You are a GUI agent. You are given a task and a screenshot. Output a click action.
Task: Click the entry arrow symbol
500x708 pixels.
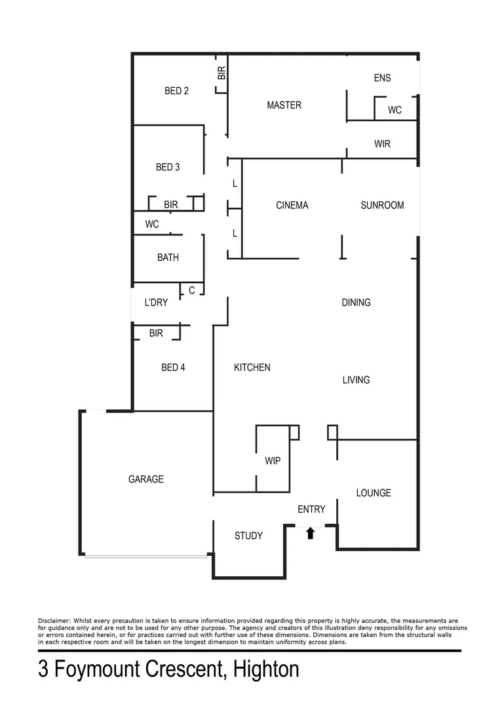tap(311, 533)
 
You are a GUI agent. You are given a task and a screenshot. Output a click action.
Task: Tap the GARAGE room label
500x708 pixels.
tap(145, 479)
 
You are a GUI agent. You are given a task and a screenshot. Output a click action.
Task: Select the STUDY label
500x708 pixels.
tap(248, 536)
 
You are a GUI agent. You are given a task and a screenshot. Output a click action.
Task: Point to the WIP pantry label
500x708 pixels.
tap(273, 461)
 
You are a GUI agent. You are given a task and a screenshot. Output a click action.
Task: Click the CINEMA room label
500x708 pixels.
tap(292, 205)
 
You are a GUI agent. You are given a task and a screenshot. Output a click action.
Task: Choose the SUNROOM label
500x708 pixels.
tap(382, 205)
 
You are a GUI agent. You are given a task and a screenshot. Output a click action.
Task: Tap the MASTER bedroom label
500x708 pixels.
tap(284, 105)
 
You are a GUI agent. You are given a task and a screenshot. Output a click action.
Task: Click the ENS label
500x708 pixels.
tap(382, 78)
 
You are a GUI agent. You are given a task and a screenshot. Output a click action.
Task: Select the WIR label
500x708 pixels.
tap(382, 144)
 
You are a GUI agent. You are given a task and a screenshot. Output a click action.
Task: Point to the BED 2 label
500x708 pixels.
tap(176, 91)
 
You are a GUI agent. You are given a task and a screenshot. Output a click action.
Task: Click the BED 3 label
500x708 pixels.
tap(168, 167)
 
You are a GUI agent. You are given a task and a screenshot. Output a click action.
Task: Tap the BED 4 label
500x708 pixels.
tap(173, 368)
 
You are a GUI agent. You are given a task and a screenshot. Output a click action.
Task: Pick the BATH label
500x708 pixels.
tap(168, 258)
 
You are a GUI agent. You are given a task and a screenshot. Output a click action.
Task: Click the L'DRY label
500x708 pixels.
tap(156, 302)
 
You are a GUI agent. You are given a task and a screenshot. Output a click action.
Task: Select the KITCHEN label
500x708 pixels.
tap(252, 368)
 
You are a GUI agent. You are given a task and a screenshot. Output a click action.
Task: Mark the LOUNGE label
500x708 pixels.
tap(374, 493)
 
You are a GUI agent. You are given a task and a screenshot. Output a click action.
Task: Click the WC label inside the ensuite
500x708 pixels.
tap(394, 110)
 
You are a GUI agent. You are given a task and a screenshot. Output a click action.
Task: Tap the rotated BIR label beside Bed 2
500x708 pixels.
tap(221, 73)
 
